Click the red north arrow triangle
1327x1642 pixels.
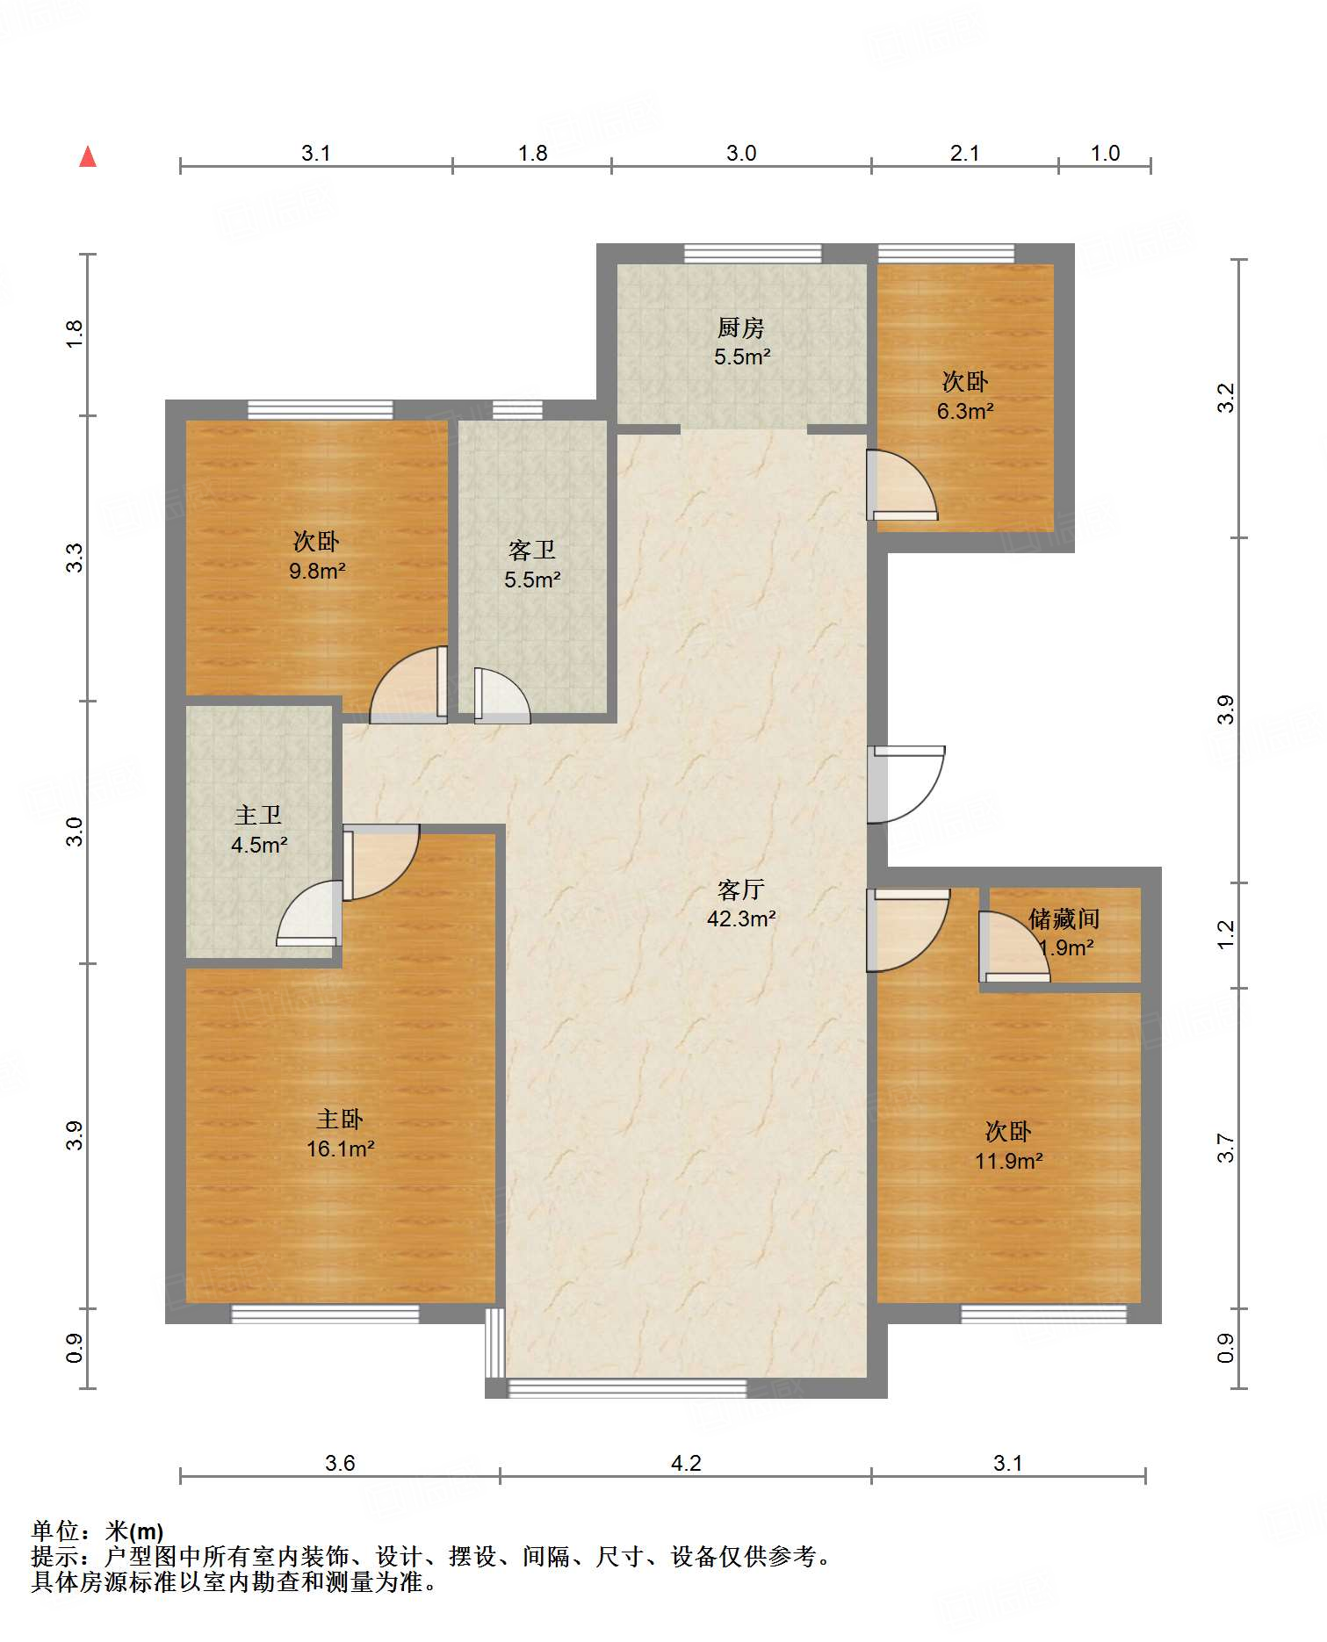[x=88, y=156]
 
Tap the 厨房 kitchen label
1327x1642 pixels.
[x=741, y=328]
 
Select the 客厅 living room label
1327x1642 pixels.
[x=741, y=889]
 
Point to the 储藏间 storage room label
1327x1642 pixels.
[x=1064, y=918]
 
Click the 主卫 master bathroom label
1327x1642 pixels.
[x=258, y=815]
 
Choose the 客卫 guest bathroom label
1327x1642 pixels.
[x=532, y=550]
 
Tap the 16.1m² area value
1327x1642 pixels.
[x=340, y=1149]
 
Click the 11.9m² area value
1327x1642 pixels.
[x=1008, y=1161]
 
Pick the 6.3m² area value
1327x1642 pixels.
[x=965, y=411]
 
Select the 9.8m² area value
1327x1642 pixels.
[x=317, y=571]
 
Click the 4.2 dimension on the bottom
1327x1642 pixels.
[x=686, y=1463]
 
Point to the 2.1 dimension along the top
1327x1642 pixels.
[x=964, y=153]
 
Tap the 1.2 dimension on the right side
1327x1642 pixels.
[x=1226, y=934]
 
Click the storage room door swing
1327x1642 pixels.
[x=1015, y=947]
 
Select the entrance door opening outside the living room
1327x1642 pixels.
[x=906, y=785]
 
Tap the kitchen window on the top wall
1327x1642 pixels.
[x=753, y=254]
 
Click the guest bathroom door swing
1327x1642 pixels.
[x=502, y=696]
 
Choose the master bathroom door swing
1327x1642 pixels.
[x=309, y=913]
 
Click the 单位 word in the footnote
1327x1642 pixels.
[x=56, y=1531]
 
